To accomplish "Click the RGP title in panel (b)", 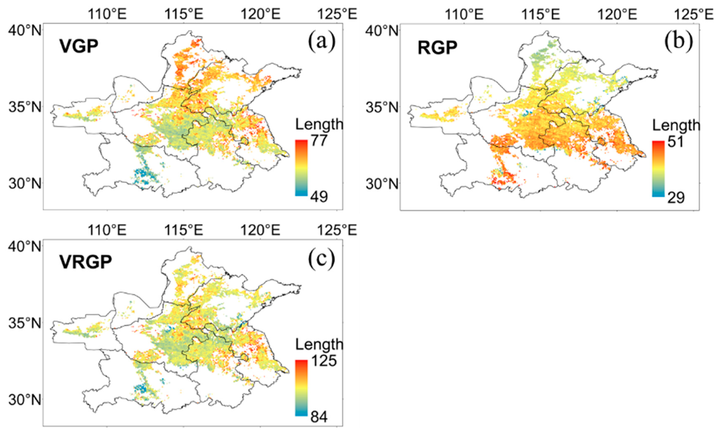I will click(x=437, y=48).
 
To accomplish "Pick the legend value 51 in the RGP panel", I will click(x=675, y=142).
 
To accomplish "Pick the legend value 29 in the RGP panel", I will click(x=675, y=198).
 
